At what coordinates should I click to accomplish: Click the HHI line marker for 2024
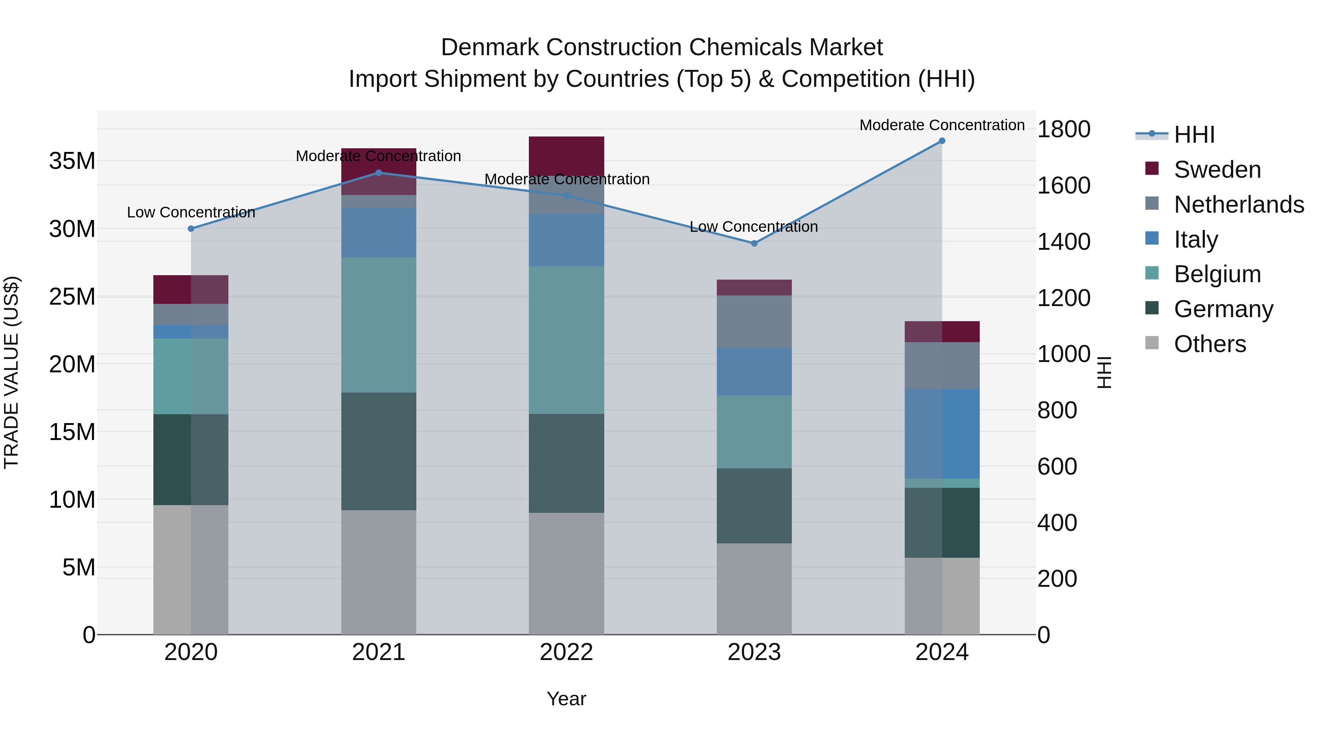coord(942,141)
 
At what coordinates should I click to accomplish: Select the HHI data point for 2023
coord(754,243)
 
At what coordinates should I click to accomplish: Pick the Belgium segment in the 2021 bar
coord(379,325)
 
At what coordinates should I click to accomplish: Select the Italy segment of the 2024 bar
coord(942,434)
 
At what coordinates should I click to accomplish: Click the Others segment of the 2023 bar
coord(754,589)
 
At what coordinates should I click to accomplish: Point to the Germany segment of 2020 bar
coord(191,460)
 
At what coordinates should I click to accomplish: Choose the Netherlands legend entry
coord(1239,205)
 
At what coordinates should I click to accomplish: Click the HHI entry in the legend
coord(1194,135)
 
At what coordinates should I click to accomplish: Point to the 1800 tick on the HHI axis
coord(1063,129)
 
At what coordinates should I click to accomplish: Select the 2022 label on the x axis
coord(566,652)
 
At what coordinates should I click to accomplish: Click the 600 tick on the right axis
coord(1057,466)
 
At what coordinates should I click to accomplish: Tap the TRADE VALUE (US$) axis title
coord(11,372)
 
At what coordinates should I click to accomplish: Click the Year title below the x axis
coord(566,699)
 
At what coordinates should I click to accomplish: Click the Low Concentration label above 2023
coord(754,227)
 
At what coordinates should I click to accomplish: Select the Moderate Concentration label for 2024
coord(942,125)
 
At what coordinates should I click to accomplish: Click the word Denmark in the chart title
coord(490,47)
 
